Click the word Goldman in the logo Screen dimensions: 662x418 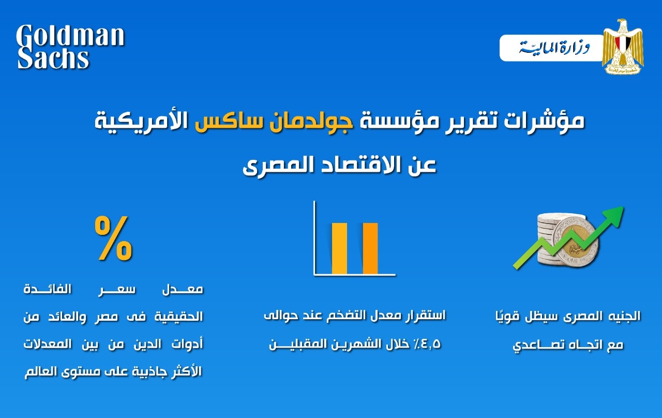70,36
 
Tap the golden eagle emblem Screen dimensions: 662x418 623,47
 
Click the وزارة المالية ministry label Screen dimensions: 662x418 554,48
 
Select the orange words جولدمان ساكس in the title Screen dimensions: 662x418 274,121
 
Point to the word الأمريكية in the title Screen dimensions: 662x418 141,121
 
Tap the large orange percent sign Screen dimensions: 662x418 113,238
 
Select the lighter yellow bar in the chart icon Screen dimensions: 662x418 339,249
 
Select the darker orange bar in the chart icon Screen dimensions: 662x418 370,249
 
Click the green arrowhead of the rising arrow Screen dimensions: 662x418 613,217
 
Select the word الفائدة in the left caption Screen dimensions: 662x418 47,289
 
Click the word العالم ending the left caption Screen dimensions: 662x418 41,371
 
